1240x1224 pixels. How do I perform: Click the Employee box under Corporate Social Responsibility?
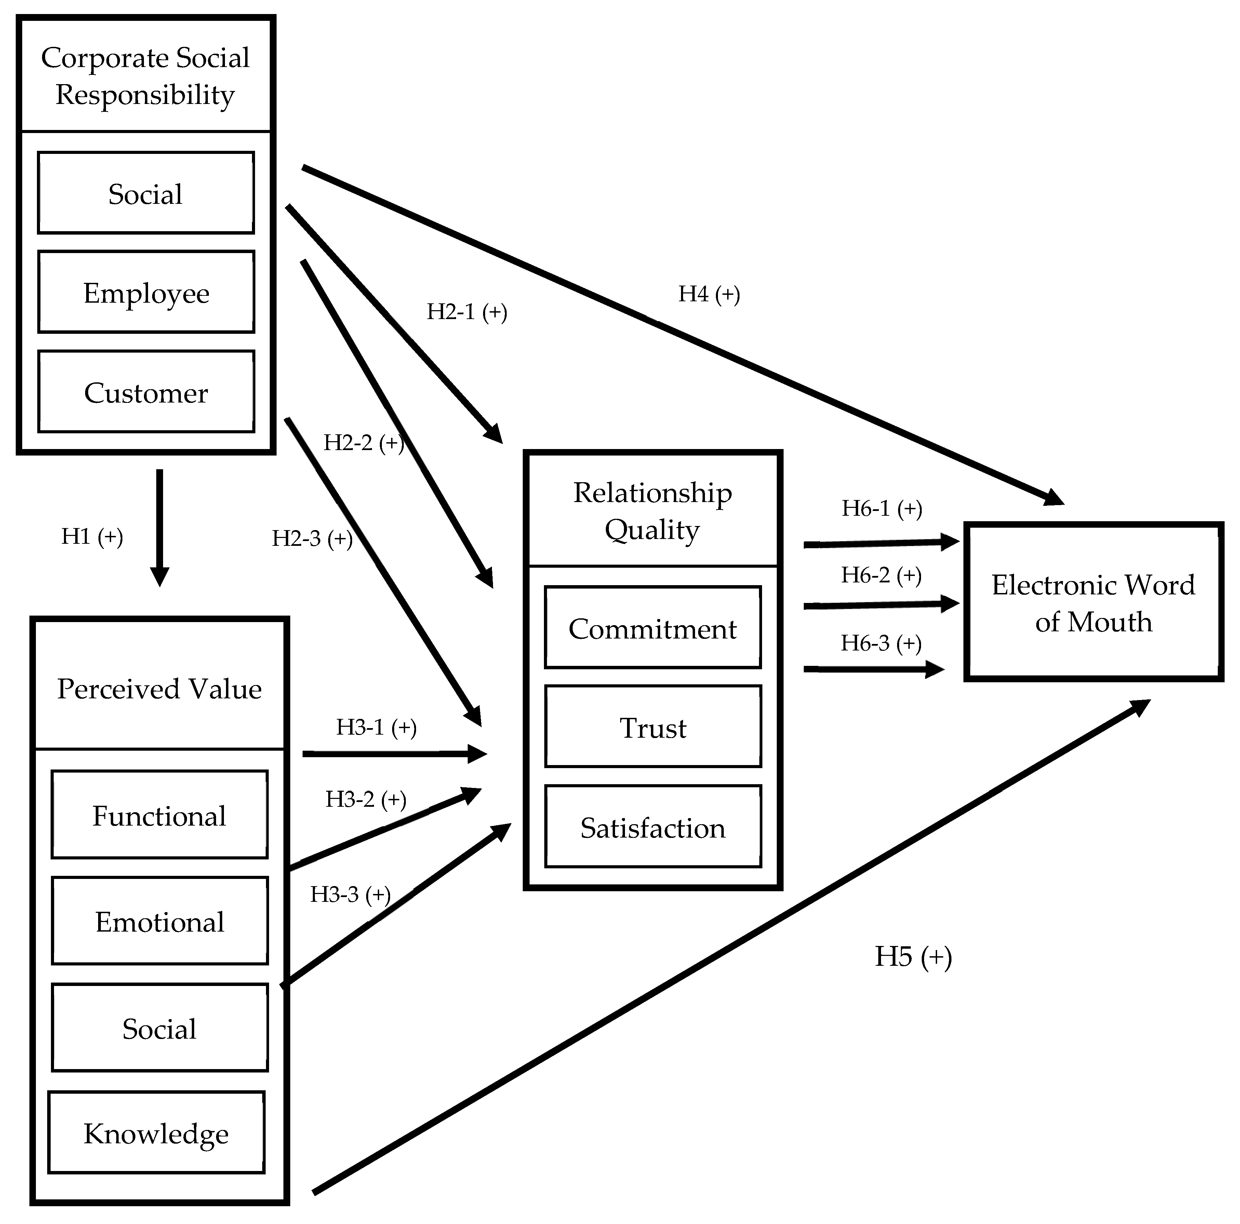146,292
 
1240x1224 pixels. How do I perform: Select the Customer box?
146,392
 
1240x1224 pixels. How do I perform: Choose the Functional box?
160,815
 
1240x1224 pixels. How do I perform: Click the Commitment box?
653,628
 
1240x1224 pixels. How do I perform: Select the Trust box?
653,727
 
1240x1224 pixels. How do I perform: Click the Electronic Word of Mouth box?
1094,602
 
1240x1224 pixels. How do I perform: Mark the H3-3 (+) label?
350,894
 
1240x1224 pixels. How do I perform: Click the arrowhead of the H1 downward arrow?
159,576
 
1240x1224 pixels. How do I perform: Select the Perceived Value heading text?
159,688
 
